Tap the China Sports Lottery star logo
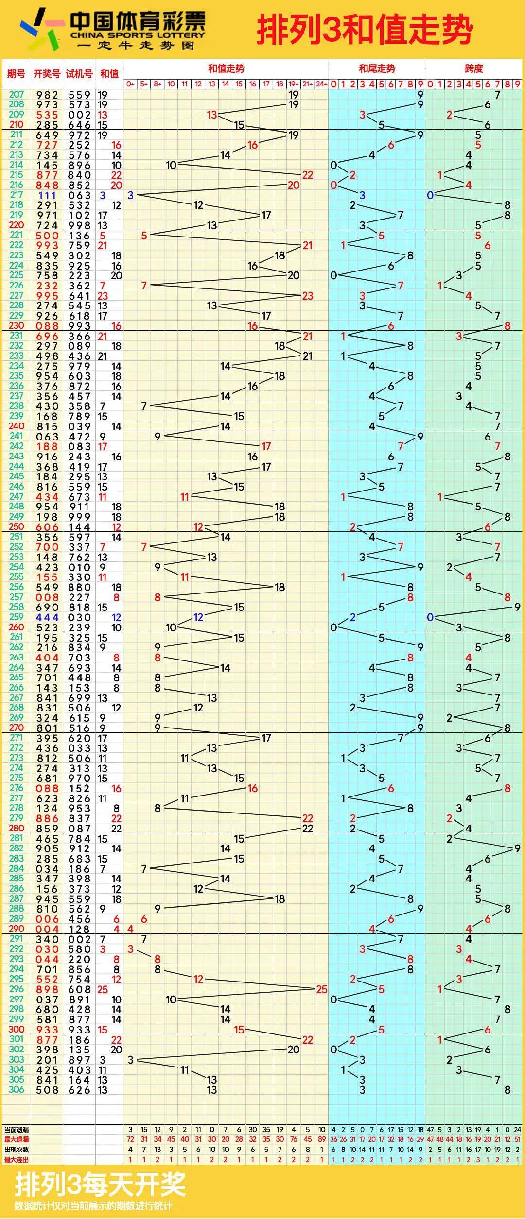(42, 29)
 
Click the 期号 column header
(16, 74)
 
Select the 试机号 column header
(79, 74)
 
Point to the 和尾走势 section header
(377, 68)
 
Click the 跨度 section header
(473, 68)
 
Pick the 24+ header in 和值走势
(321, 84)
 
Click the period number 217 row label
(16, 195)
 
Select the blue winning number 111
(47, 195)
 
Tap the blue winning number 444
(47, 617)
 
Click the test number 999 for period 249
(79, 517)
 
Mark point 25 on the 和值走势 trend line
(321, 989)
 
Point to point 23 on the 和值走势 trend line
(307, 296)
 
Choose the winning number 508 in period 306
(47, 1090)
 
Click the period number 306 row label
(16, 1089)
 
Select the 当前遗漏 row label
(16, 1130)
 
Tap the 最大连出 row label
(16, 1160)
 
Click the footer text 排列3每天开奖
(100, 1185)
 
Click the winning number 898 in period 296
(47, 989)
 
